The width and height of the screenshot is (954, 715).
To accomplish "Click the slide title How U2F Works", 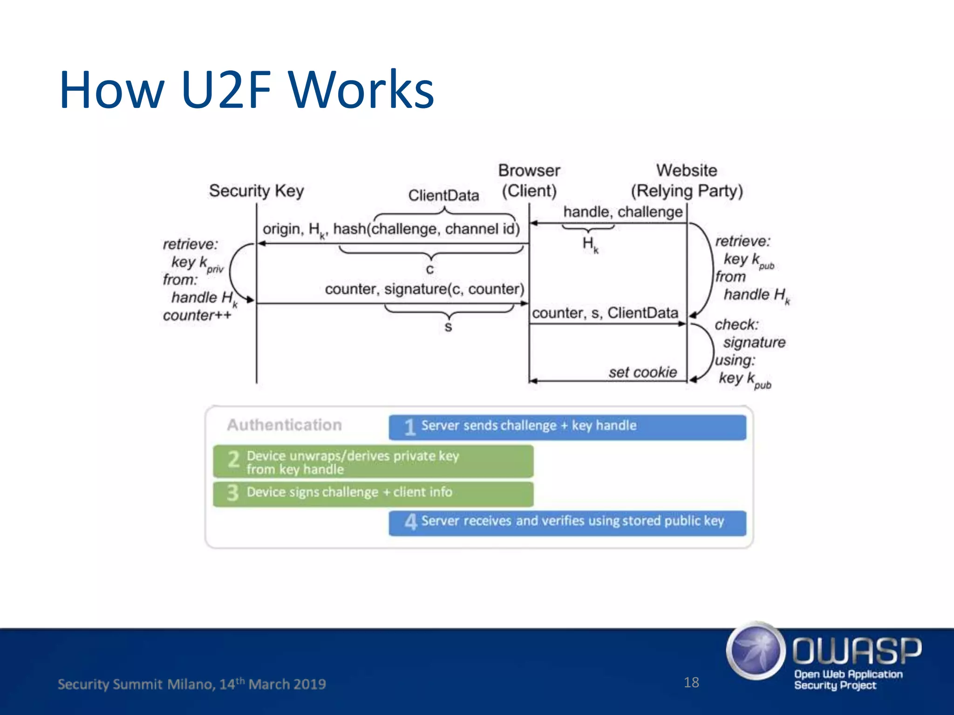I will pos(247,89).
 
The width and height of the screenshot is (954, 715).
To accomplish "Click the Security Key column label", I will pos(256,191).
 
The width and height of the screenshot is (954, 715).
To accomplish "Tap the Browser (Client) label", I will pos(529,181).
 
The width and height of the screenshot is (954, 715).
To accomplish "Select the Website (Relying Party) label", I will pos(687,181).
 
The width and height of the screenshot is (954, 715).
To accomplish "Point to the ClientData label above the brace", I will pos(443,196).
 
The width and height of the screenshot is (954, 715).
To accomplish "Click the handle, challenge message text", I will pos(623,212).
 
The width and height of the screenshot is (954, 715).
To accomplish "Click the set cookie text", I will pos(642,372).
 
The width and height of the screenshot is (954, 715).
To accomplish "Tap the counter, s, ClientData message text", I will pos(605,313).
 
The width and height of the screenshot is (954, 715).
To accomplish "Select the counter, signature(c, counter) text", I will pos(424,289).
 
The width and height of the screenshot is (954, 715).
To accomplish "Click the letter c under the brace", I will pos(429,270).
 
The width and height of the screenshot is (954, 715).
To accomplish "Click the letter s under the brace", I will pos(448,327).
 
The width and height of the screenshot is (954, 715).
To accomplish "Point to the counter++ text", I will pos(197,316).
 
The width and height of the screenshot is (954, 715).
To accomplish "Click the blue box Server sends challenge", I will pos(567,427).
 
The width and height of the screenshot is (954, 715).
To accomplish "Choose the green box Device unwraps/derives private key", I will pos(373,461).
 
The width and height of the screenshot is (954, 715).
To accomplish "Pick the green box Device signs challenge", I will pos(373,493).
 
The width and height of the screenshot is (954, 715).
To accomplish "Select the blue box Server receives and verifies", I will pos(567,522).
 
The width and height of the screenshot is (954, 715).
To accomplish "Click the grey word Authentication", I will pos(284,425).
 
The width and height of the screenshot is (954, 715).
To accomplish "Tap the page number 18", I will pos(691,682).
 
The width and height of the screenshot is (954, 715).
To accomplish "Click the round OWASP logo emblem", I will pos(755,650).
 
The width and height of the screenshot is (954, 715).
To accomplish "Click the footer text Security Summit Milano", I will pos(191,684).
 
